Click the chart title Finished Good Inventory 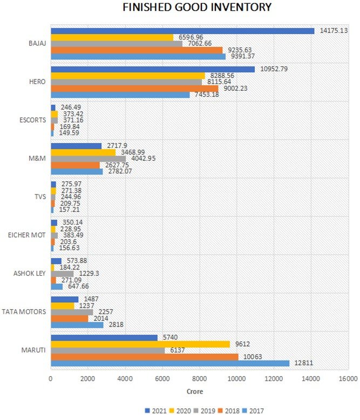click(197, 7)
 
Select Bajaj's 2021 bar click(182, 31)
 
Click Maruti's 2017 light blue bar click(170, 363)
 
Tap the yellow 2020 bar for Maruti click(140, 344)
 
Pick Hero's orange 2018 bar click(134, 89)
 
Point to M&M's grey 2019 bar click(89, 159)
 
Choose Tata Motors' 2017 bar click(77, 325)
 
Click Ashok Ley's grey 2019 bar click(62, 274)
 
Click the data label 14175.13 click(334, 31)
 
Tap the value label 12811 click(304, 363)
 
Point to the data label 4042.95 click(144, 158)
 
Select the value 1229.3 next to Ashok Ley click(89, 274)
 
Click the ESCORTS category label click(33, 120)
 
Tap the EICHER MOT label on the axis click(27, 235)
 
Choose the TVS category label click(40, 197)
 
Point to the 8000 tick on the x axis click(199, 379)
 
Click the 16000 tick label click(349, 379)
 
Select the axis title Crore click(195, 391)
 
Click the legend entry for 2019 click(205, 411)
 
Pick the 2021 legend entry click(155, 411)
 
